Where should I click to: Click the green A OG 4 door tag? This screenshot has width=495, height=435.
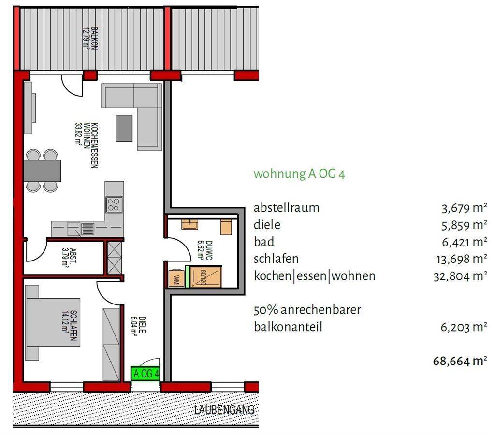point(145,373)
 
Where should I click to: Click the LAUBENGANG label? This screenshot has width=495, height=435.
point(224,410)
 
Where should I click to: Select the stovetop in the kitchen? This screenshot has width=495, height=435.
point(115,204)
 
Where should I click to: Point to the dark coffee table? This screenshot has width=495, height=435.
point(124,127)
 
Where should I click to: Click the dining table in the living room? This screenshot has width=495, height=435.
point(43,171)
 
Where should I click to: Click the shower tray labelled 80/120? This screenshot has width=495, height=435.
point(204,277)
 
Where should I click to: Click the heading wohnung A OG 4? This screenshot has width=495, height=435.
point(299,174)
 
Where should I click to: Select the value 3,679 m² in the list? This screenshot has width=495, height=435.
point(464,208)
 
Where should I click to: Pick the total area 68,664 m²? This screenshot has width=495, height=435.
point(460,361)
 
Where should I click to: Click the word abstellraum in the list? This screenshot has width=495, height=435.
point(286,208)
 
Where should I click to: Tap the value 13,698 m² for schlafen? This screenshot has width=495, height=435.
point(462,259)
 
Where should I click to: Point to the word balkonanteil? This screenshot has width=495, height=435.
point(288,327)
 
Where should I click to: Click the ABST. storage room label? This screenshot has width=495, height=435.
point(69,258)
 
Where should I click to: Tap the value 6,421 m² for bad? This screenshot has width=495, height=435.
point(464,242)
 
